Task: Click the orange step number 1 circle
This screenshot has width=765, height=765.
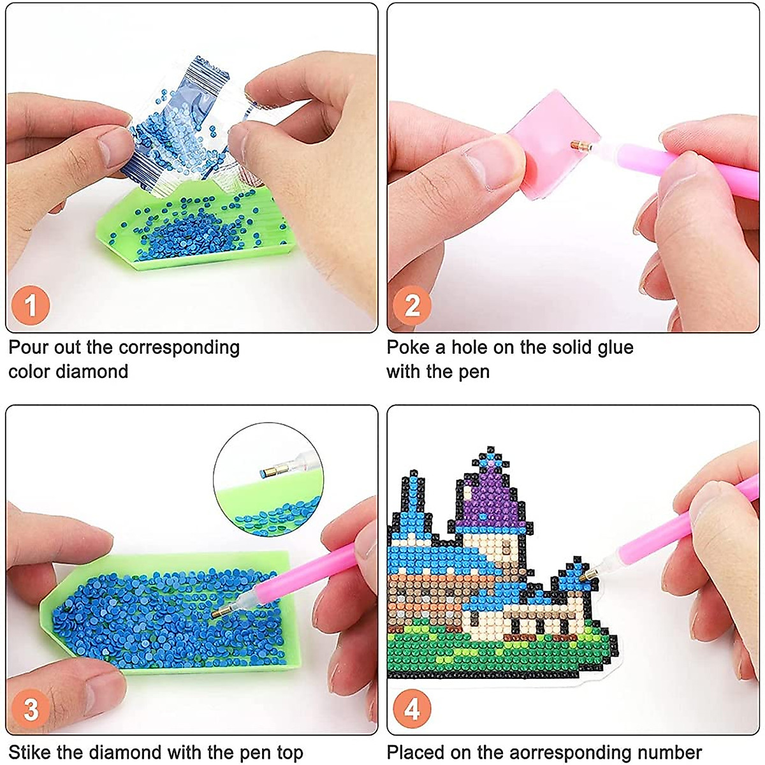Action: tap(30, 305)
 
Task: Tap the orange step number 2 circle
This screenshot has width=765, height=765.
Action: tap(412, 305)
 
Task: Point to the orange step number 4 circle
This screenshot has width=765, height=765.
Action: tap(412, 708)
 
